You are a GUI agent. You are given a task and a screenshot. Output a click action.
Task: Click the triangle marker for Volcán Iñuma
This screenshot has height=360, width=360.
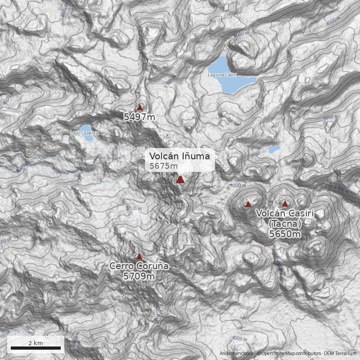tap(180, 180)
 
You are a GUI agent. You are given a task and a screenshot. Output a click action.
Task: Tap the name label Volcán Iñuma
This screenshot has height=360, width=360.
tap(180, 156)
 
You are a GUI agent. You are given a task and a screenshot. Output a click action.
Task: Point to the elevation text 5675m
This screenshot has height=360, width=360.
tap(164, 166)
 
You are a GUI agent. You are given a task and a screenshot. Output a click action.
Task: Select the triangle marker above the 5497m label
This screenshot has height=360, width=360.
tap(139, 108)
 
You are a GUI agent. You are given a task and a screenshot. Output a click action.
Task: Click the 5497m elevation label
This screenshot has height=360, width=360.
tap(139, 117)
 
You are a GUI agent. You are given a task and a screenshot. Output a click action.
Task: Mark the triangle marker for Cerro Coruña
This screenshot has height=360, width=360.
tap(139, 256)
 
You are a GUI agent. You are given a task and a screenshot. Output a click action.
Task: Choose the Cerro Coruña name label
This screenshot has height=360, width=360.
tap(139, 266)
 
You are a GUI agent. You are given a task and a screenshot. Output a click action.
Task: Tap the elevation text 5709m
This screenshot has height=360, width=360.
tap(139, 276)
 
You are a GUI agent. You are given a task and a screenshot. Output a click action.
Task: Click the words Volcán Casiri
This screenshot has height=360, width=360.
tap(284, 213)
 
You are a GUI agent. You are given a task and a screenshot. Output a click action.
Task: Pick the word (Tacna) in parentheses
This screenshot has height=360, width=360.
tap(284, 224)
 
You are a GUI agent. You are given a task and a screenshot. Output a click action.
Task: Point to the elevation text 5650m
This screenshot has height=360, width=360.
tap(284, 234)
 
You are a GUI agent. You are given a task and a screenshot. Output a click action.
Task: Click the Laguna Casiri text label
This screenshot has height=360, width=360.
tap(222, 75)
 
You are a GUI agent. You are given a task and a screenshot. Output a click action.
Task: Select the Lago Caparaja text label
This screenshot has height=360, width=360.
tap(84, 133)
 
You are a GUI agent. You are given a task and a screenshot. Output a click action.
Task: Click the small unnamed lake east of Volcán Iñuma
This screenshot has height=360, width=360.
tap(274, 148)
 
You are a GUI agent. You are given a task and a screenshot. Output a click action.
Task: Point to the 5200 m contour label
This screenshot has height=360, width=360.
tap(238, 185)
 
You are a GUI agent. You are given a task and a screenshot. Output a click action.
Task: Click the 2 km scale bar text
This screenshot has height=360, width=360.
tap(36, 343)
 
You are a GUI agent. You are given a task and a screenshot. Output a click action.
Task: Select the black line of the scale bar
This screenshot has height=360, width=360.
tap(36, 348)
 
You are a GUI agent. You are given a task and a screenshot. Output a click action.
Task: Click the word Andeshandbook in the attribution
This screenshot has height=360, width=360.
tap(237, 354)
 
